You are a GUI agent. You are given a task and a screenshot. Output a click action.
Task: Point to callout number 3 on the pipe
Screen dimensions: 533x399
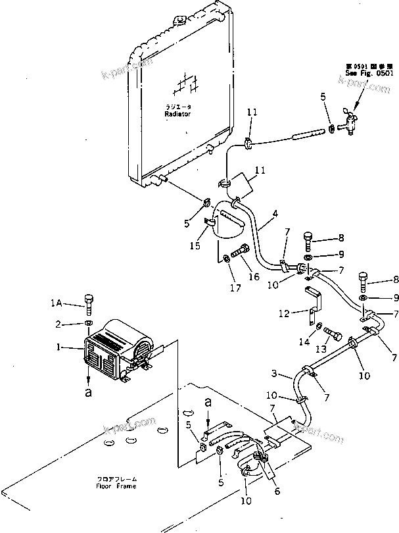(x=274, y=374)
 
